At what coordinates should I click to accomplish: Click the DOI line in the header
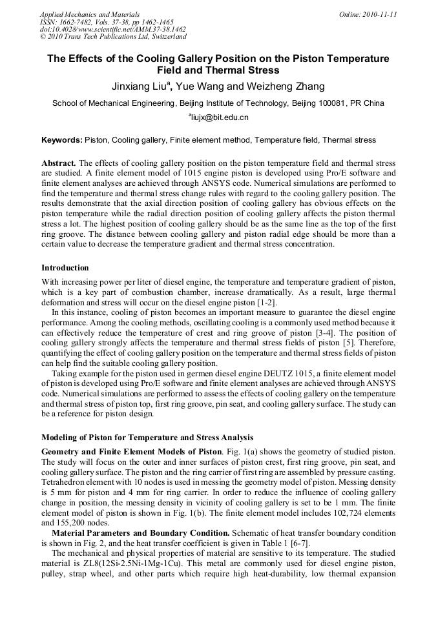pos(113,30)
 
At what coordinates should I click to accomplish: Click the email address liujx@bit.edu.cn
pos(220,118)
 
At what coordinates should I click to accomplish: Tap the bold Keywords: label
pos(62,140)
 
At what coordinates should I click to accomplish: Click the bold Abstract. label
pos(59,163)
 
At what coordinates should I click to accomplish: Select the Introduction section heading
pos(65,267)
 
